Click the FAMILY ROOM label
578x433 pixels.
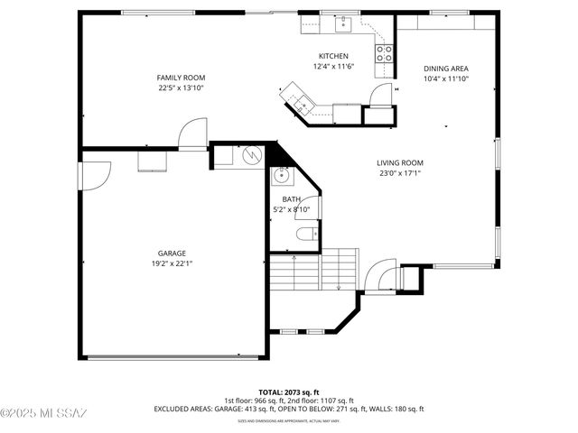point(181,78)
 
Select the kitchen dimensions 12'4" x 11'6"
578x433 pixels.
point(333,67)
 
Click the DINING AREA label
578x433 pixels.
point(446,69)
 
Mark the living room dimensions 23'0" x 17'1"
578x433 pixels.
point(400,174)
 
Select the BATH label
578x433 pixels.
point(291,199)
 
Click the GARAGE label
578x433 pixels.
point(172,253)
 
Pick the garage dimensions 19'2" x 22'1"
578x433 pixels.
point(172,264)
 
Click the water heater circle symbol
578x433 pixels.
point(248,155)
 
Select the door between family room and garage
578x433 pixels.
point(192,135)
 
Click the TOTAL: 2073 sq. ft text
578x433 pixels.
point(288,392)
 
